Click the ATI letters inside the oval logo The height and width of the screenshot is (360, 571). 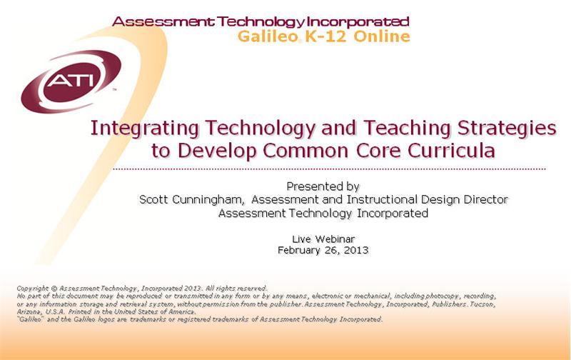(x=71, y=80)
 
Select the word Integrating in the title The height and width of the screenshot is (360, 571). (x=144, y=129)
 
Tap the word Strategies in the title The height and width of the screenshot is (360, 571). (x=507, y=129)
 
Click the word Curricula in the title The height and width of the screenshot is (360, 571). (x=451, y=150)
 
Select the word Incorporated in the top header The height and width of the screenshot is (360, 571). (x=358, y=22)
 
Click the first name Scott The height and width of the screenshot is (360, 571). (x=153, y=200)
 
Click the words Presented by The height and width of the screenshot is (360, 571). (x=323, y=186)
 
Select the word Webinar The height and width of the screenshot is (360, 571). (x=335, y=239)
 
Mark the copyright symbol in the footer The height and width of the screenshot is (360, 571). (x=54, y=289)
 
